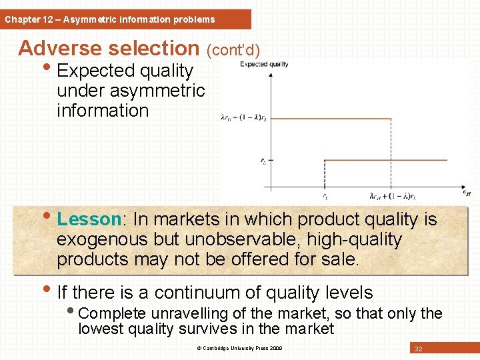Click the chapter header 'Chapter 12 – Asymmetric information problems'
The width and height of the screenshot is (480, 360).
(110, 19)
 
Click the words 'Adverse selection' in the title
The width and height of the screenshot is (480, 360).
(108, 49)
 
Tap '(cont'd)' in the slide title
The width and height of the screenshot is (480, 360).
(233, 50)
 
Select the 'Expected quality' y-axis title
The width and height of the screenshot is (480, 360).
(264, 64)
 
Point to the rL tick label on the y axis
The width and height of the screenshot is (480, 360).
(263, 160)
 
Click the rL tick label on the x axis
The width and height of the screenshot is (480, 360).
(325, 196)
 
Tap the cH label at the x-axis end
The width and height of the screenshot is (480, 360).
(467, 193)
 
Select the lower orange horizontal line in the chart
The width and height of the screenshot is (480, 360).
(393, 160)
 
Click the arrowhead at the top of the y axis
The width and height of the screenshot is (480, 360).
(270, 75)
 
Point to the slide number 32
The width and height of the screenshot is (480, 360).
(418, 349)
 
